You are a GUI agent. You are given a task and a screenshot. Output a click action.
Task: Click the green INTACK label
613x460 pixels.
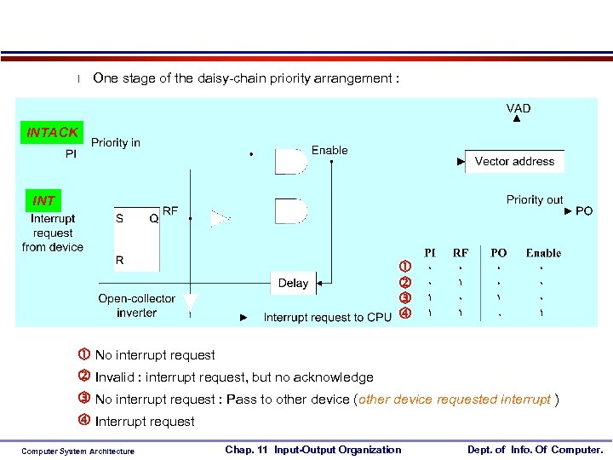click(x=53, y=132)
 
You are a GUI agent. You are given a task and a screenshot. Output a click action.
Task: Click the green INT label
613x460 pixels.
click(x=44, y=201)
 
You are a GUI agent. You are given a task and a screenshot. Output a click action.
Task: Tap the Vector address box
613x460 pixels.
click(x=514, y=161)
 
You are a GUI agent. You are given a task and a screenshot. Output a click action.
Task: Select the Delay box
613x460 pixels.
click(x=293, y=283)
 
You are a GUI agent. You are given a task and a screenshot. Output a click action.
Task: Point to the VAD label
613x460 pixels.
click(x=518, y=108)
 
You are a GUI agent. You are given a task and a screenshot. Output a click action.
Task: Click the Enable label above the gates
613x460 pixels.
click(x=329, y=150)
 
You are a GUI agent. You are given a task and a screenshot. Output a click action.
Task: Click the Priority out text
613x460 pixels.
click(x=534, y=199)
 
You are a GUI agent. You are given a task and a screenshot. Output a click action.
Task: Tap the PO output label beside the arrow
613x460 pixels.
click(x=584, y=210)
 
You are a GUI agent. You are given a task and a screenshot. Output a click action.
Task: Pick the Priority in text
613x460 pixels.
click(x=116, y=142)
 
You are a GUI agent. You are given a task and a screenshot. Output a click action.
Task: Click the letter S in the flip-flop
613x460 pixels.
click(x=119, y=218)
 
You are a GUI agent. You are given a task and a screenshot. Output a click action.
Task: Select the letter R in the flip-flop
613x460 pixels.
click(x=119, y=260)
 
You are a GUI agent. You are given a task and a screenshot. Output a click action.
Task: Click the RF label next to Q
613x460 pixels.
click(x=170, y=210)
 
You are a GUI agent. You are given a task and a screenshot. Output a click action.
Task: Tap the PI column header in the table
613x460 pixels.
click(x=431, y=252)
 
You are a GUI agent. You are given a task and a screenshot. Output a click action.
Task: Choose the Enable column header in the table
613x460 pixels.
click(x=543, y=252)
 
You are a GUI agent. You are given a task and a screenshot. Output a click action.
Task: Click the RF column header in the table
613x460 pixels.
click(x=461, y=252)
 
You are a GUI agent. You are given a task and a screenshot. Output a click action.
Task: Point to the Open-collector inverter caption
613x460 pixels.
click(x=136, y=306)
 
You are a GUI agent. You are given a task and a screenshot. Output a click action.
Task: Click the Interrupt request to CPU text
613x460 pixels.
click(x=328, y=318)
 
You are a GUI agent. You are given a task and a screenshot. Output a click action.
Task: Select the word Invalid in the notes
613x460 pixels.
click(x=115, y=377)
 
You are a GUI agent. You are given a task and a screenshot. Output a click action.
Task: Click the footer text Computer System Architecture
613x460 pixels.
click(x=77, y=451)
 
